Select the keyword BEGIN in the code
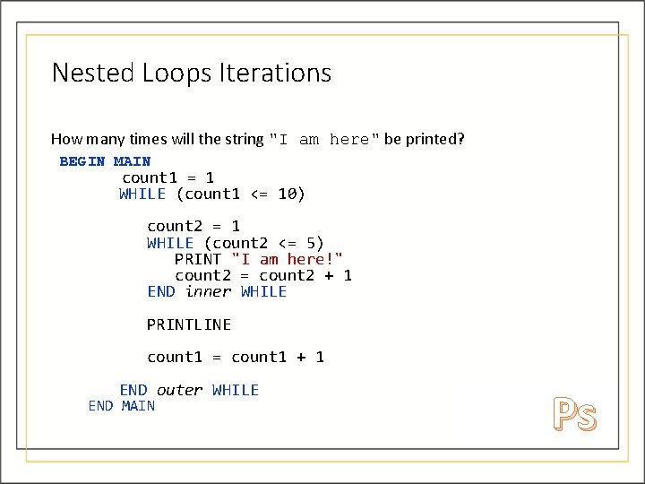click(82, 161)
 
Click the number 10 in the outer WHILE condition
click(287, 194)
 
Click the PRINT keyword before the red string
click(198, 259)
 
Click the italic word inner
click(208, 291)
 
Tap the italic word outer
click(179, 390)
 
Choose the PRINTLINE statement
click(189, 324)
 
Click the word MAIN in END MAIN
click(138, 406)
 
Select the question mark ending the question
click(461, 139)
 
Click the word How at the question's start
click(64, 139)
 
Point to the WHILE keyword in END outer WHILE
click(236, 390)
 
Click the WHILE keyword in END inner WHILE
click(263, 291)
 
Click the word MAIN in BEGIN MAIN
click(132, 161)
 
